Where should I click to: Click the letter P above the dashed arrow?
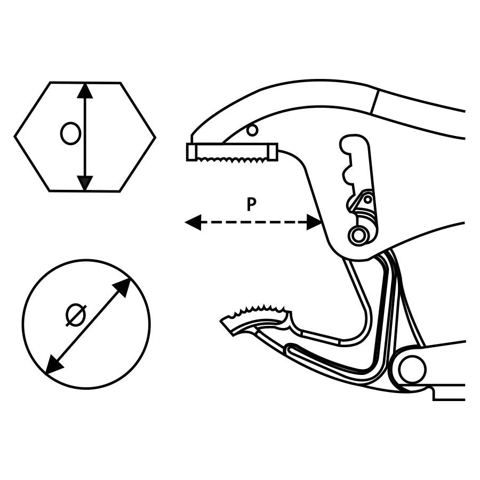[x=251, y=204]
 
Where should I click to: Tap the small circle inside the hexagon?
[x=70, y=133]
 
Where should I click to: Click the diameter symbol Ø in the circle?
[x=76, y=315]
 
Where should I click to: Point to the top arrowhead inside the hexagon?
[x=85, y=91]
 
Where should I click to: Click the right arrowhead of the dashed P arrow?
[x=315, y=222]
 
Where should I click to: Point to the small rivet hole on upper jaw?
[x=252, y=129]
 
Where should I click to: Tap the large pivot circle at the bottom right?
[x=412, y=370]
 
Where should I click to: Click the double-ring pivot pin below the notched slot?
[x=359, y=234]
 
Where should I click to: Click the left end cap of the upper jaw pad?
[x=191, y=152]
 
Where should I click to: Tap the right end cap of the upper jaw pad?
[x=274, y=151]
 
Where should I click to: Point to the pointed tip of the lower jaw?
[x=223, y=321]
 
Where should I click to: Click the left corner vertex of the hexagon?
[x=15, y=138]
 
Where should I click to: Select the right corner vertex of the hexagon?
[x=155, y=138]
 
